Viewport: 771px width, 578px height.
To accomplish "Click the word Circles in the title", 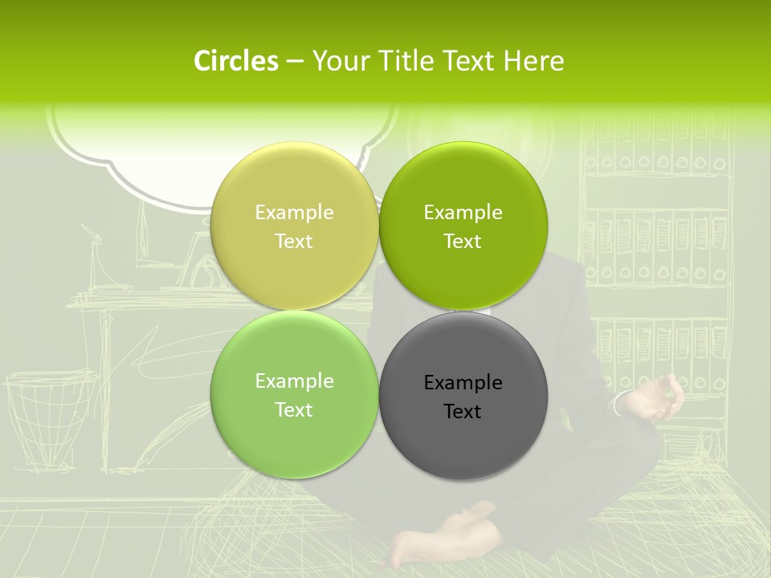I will (x=235, y=61).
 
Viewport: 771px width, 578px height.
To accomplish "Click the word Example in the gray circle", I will (x=463, y=383).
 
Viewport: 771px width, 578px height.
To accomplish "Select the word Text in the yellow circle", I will (x=294, y=242).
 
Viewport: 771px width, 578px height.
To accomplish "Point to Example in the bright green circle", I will (x=463, y=213).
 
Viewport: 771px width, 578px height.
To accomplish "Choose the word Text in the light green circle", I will (x=294, y=410).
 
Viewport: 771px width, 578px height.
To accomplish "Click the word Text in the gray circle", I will (x=463, y=412).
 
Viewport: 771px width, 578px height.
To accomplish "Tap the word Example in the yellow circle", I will (x=294, y=213).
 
